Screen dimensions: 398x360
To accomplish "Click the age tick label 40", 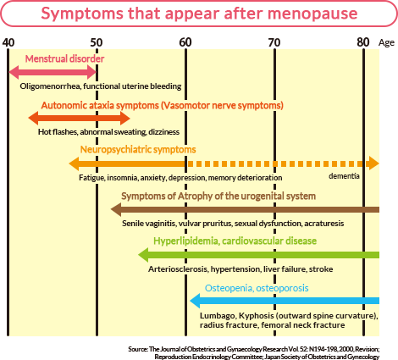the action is pos(8,42).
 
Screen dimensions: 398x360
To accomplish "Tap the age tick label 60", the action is pos(185,42).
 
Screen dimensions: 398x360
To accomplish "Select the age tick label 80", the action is pos(363,42).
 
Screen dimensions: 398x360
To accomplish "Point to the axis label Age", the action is pos(386,43).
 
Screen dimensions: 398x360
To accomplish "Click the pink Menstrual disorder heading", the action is pos(64,58).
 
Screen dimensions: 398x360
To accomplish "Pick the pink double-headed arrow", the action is pos(53,72).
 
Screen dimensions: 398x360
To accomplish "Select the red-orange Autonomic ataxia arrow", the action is pos(79,118).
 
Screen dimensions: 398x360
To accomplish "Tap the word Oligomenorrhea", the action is pos(50,86).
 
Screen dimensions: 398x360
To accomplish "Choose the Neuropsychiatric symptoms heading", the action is pos(138,149).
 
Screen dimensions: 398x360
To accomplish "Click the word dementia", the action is pos(344,176).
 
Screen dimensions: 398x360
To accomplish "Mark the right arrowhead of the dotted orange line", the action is pos(373,163).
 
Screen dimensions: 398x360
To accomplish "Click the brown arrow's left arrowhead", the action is pos(116,209).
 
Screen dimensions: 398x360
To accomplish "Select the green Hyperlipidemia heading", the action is pos(235,241).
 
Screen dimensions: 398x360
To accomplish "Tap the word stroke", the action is pos(321,269).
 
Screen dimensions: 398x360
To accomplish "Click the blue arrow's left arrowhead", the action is pos(195,301).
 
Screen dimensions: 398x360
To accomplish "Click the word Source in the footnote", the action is pos(137,349).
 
